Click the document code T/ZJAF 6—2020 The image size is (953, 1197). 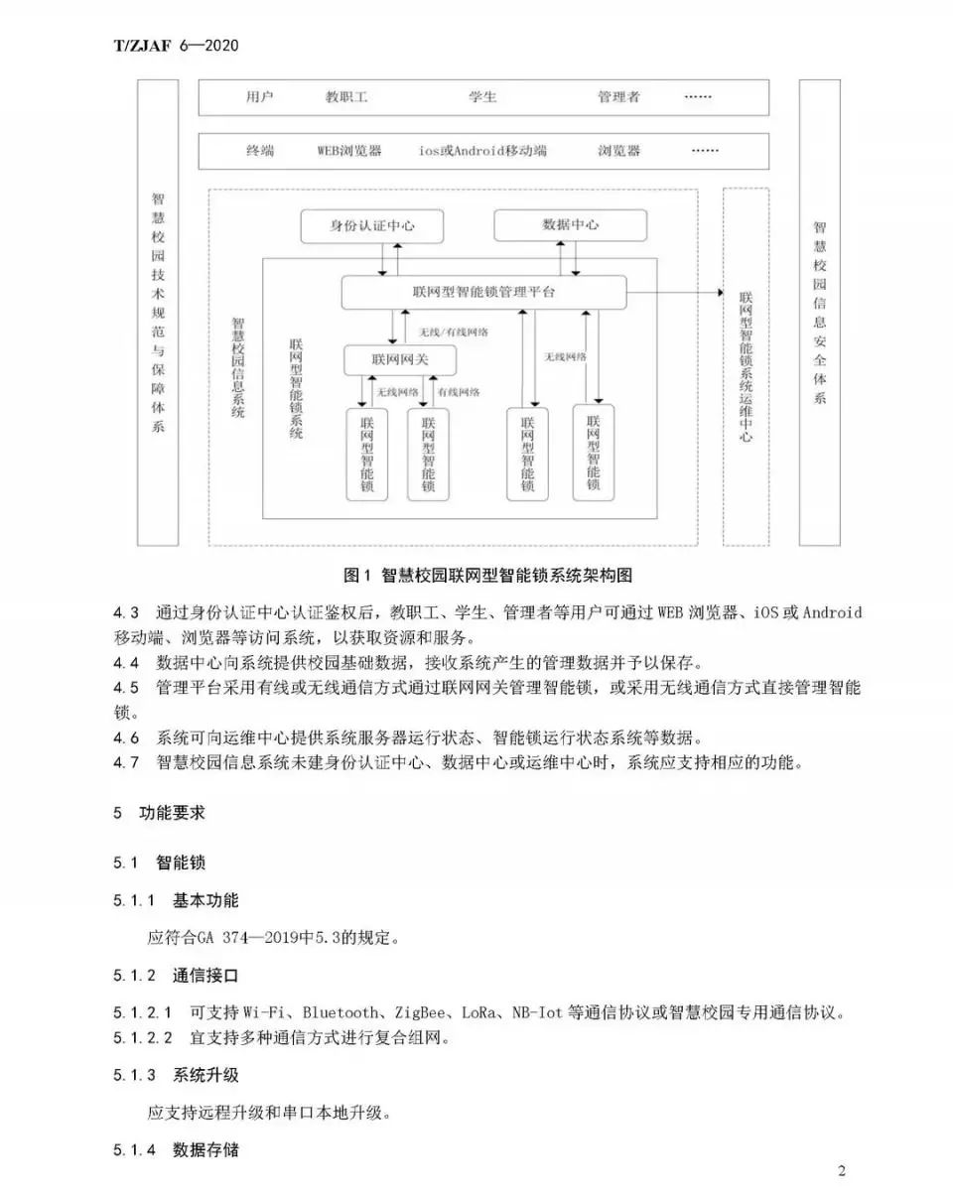coord(176,46)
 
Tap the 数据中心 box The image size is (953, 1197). coord(571,225)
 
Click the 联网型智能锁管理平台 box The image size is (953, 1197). coord(483,293)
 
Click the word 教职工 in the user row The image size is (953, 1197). coord(346,97)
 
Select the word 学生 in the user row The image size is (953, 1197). coord(482,97)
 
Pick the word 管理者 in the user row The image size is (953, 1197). coord(618,97)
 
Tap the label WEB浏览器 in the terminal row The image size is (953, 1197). coord(349,151)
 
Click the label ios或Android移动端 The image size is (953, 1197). coord(482,151)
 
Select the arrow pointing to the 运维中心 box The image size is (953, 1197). coord(720,293)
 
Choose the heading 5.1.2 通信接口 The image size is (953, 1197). coord(176,976)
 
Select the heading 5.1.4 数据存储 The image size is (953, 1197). coord(176,1150)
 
